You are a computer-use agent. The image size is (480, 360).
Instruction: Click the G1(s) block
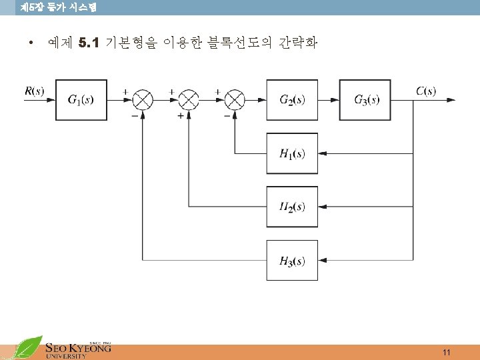[81, 100]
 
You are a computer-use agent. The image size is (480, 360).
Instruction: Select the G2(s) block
[292, 100]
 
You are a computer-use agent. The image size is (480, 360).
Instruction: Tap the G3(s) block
[365, 100]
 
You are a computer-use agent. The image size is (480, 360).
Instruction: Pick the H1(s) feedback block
[292, 153]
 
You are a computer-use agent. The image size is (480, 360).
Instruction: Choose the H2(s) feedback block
[292, 207]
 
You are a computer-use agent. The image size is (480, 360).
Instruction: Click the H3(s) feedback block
[292, 260]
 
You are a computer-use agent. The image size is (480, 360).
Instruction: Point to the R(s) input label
[34, 90]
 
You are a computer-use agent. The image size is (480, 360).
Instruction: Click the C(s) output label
[426, 90]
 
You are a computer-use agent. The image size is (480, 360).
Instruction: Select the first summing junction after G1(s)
[143, 100]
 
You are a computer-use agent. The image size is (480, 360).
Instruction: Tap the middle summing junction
[189, 100]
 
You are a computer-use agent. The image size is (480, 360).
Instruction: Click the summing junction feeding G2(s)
[235, 100]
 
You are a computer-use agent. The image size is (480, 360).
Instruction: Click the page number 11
[447, 352]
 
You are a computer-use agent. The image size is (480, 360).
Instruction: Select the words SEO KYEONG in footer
[77, 347]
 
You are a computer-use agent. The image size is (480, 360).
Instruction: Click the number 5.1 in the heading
[88, 44]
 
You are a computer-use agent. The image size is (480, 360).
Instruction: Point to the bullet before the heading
[31, 45]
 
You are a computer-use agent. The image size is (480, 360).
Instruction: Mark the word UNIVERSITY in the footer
[66, 357]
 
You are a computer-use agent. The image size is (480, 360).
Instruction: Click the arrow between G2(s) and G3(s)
[329, 100]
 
